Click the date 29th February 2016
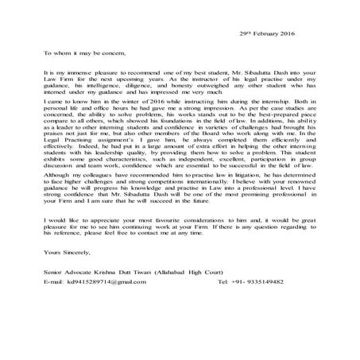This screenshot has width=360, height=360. click(267, 34)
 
